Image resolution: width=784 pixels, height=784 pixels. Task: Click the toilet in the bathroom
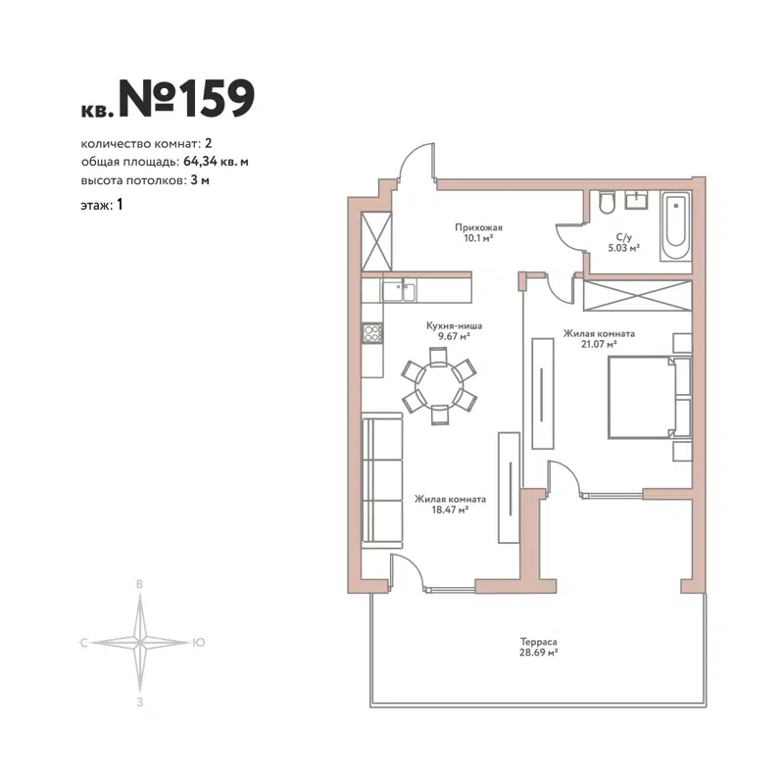[x=606, y=203]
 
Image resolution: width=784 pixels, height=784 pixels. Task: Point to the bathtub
[x=675, y=226]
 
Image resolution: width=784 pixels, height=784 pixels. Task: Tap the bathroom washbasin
[x=637, y=199]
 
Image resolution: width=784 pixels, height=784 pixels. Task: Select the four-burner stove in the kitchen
[x=372, y=334]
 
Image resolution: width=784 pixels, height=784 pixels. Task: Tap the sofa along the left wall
[x=381, y=482]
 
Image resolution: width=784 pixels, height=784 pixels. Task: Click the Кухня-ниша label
[x=454, y=325]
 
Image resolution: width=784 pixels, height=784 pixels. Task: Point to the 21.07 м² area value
[x=599, y=345]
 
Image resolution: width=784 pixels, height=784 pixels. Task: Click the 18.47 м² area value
[x=450, y=510]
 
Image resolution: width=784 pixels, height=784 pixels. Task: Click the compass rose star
[x=141, y=643]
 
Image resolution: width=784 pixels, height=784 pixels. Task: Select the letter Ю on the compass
[x=199, y=643]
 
